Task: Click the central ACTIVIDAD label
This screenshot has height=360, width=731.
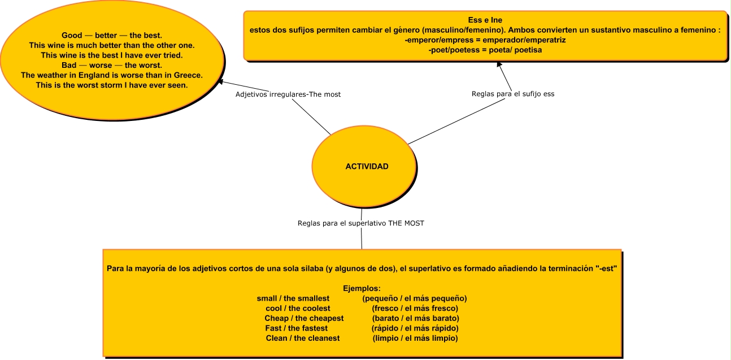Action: [367, 167]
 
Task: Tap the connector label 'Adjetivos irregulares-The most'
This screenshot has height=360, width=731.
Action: [288, 94]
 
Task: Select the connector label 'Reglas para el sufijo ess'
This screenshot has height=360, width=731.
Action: [513, 94]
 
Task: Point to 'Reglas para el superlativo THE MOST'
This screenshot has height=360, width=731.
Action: [360, 223]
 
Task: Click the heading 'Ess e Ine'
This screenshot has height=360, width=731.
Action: [485, 20]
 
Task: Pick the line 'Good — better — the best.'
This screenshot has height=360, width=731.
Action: [112, 35]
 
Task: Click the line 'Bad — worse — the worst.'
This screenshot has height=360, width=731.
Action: [112, 66]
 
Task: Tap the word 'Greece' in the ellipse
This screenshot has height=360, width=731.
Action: [188, 75]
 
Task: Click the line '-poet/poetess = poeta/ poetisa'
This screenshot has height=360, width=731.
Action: [485, 50]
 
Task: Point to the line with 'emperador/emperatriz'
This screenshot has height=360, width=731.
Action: [485, 40]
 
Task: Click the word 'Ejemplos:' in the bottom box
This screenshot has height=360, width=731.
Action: [362, 289]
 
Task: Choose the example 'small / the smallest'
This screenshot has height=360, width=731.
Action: [293, 298]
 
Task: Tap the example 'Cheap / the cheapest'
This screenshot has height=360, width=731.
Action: [304, 318]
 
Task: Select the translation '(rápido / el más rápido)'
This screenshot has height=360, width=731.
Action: [415, 328]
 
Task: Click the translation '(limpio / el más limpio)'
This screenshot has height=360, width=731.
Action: [415, 338]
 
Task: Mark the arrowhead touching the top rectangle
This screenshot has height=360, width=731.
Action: [499, 64]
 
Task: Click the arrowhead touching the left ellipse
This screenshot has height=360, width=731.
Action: [221, 81]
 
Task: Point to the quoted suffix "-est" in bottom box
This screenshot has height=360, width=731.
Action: [606, 268]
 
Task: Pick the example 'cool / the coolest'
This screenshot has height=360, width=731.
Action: [298, 309]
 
